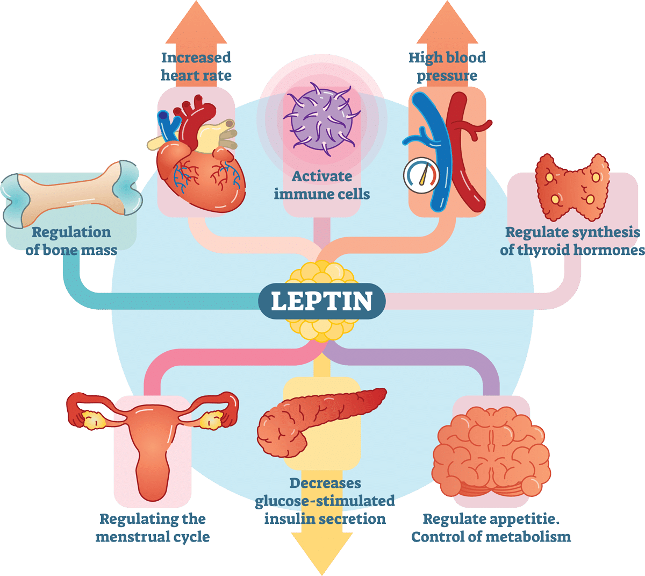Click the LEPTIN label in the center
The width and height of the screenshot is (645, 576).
coord(321,301)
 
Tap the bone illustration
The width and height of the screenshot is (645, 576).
coord(71,194)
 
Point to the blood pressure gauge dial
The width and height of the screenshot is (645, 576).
coord(421,175)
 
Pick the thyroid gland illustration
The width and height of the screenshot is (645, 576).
coord(572,187)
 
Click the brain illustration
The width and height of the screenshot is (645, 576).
coord(491,452)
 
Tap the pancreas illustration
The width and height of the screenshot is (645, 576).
coord(321,423)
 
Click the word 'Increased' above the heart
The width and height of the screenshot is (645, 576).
coord(196,58)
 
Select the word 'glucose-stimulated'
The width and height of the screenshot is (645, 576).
coord(325,501)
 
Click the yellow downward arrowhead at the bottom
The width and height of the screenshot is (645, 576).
coord(322,554)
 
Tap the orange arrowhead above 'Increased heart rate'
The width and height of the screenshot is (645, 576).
coord(196,22)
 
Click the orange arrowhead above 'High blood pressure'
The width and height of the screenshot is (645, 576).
coord(447,22)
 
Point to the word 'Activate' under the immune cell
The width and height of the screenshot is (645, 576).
coord(322,176)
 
